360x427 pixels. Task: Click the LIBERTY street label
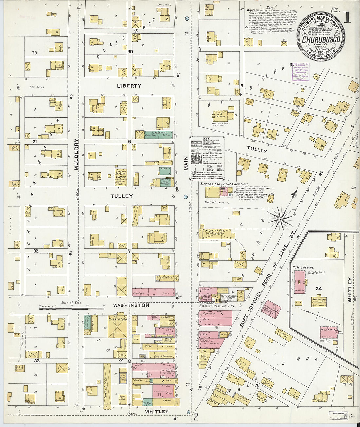129,86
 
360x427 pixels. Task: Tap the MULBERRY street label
76,154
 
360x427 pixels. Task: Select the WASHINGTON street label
131,305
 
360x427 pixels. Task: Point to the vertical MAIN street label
186,163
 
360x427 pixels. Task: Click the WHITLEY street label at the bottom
156,411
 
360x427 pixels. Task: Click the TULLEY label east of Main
257,150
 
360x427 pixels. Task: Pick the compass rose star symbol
281,218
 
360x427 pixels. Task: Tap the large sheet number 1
347,18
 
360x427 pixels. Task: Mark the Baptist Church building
120,177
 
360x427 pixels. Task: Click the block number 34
319,289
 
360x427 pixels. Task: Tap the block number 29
34,53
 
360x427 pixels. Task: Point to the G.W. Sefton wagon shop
159,134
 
